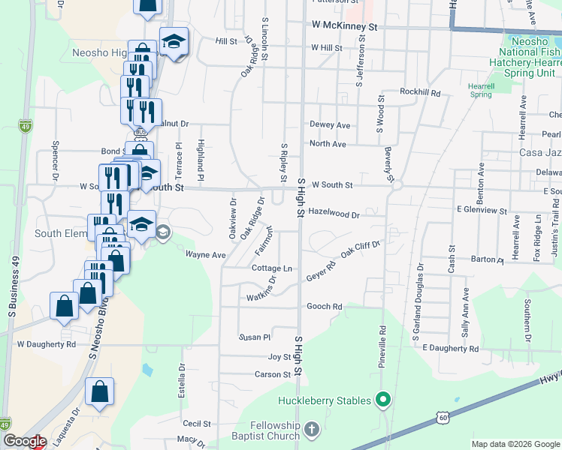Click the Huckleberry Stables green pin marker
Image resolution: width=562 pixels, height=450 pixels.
coord(382,400)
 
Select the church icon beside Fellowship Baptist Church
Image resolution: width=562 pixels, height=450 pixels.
coord(312,430)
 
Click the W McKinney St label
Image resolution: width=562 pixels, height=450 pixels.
coord(343,26)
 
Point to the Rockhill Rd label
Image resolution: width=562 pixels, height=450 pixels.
coord(420,91)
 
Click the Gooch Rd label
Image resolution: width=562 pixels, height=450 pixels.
coord(325,307)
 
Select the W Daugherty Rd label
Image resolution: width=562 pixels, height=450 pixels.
coord(47,344)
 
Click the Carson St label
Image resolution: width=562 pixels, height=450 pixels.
coord(272,374)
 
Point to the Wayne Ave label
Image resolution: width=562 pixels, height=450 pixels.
coord(206,255)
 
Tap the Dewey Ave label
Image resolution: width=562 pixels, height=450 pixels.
coord(330,125)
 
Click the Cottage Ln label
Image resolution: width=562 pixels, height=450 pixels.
coord(271,268)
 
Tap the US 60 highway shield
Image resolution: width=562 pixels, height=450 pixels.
coord(444,416)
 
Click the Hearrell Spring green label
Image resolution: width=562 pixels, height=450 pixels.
coord(480,90)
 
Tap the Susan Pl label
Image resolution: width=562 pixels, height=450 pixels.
coord(254,337)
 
